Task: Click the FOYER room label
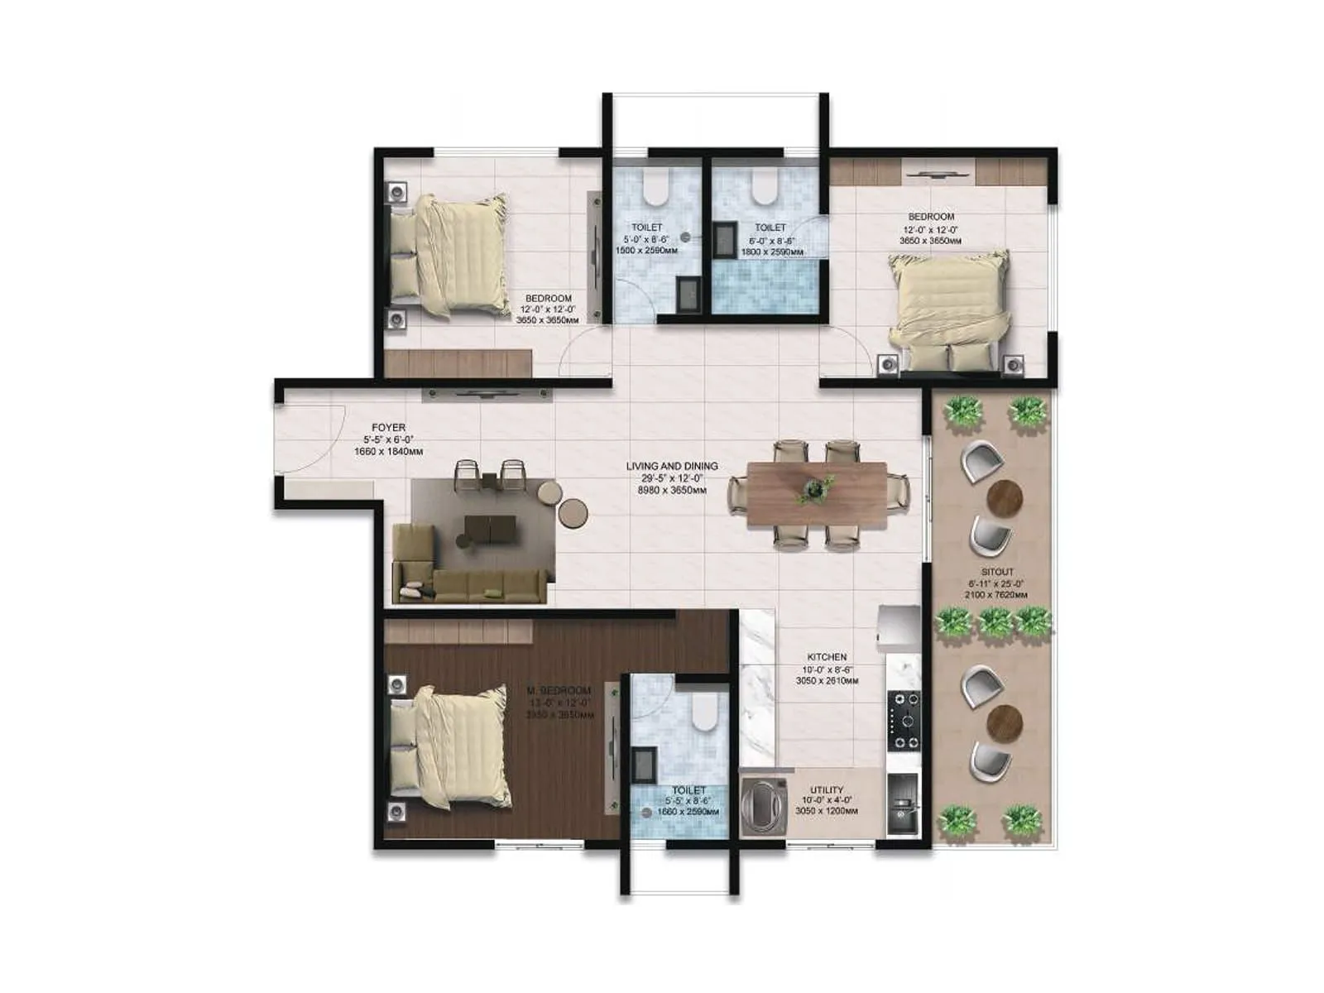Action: coord(388,428)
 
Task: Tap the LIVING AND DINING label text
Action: coord(671,467)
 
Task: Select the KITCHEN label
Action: coord(827,657)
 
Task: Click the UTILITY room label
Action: coord(827,789)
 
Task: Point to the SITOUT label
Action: coord(997,572)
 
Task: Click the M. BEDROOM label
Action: coord(559,691)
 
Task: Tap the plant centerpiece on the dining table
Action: coord(816,488)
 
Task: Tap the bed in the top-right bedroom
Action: coord(948,310)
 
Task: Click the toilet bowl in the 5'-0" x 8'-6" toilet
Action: coord(655,188)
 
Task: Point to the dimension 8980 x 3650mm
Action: coord(671,491)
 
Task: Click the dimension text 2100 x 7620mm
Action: coord(996,595)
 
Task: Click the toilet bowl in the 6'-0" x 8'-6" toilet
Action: coord(764,188)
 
